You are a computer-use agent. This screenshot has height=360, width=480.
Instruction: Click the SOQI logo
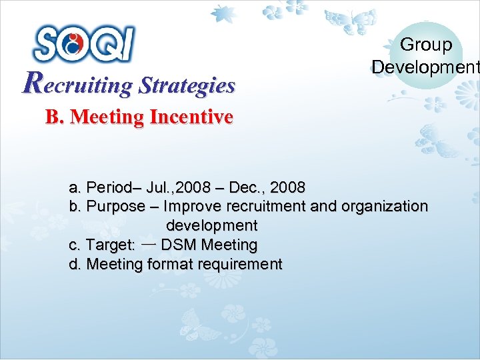pyautogui.click(x=83, y=43)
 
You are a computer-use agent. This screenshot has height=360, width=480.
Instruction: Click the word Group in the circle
pyautogui.click(x=426, y=45)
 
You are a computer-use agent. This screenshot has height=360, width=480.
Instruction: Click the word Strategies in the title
pyautogui.click(x=187, y=85)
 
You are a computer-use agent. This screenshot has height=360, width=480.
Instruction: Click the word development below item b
pyautogui.click(x=211, y=225)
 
